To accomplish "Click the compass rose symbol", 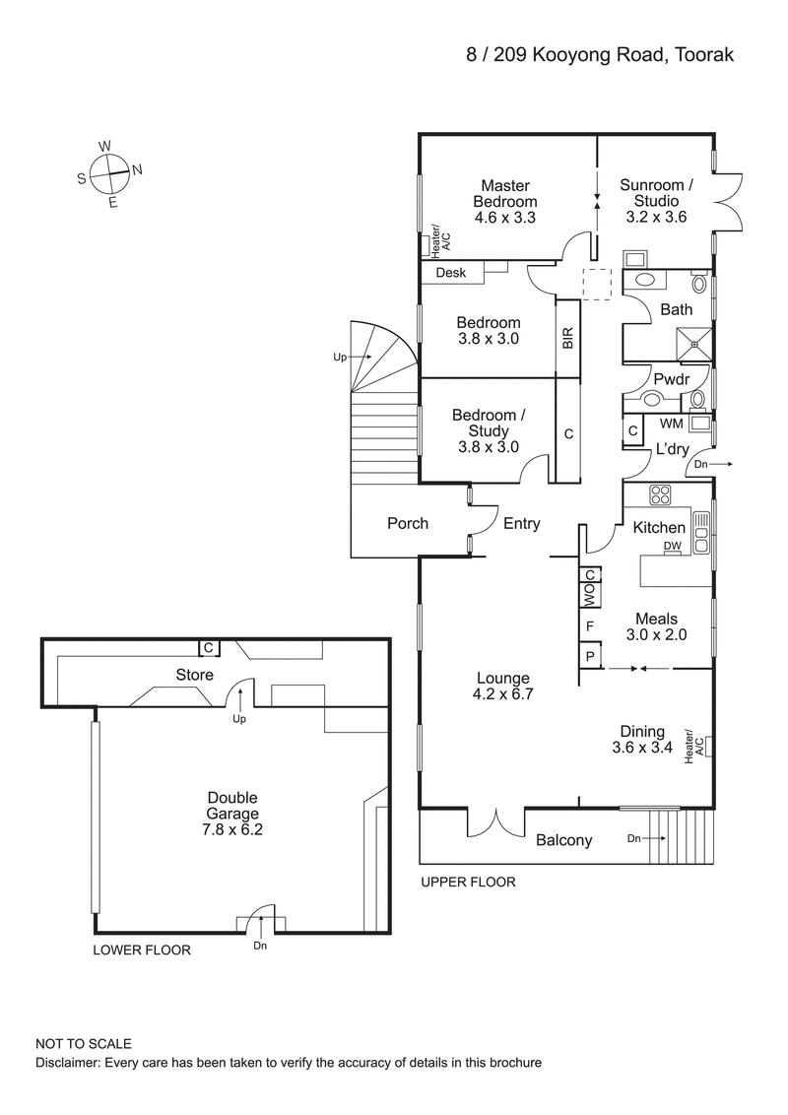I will pos(108,173).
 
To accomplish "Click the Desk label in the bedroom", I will pos(450,273).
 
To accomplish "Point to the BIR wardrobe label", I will pos(567,339).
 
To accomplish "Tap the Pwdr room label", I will pos(670,378).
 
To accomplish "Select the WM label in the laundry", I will pos(671,425).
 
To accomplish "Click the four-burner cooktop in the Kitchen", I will pos(660,495).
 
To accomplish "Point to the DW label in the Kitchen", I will pos(673,546).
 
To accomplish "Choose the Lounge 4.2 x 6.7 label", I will pos(502,687).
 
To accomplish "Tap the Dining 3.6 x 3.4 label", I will pos(641,740).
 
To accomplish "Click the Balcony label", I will pos(563,840).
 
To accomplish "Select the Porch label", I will pos(407,523).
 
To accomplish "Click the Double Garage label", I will pos(233,813).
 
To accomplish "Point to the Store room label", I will pos(194,675).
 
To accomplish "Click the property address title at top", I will pos(600,56).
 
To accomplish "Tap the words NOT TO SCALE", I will pos(84,1043).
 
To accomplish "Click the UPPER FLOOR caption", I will pos(468,883).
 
